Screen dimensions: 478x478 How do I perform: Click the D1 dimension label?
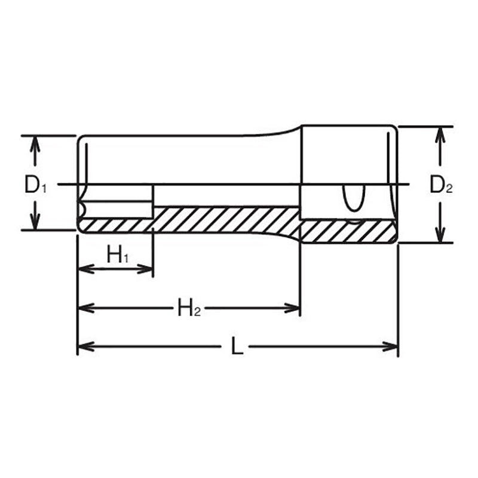[x=35, y=186]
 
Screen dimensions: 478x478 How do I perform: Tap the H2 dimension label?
[x=189, y=308]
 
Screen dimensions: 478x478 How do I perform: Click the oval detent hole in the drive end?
[x=351, y=198]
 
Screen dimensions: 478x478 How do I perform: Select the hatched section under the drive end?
[x=347, y=231]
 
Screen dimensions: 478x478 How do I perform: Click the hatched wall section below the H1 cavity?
[x=117, y=225]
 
